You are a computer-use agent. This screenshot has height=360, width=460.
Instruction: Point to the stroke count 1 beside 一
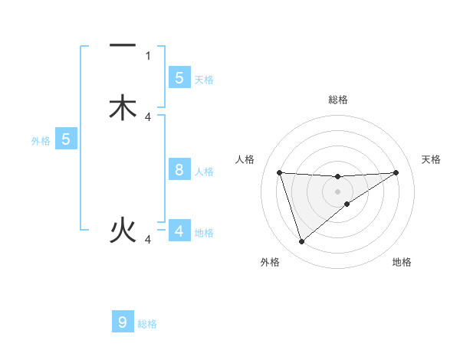(x=148, y=56)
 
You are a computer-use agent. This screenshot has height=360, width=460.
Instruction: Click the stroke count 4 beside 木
(x=148, y=116)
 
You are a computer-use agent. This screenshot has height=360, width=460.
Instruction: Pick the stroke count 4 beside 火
(x=148, y=240)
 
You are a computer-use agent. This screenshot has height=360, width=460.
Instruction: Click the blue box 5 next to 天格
(x=179, y=77)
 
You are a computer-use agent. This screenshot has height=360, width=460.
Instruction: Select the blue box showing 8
(x=179, y=170)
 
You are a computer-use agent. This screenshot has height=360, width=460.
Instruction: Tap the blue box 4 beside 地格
(x=179, y=231)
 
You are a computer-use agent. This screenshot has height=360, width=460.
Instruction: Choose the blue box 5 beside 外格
(x=66, y=139)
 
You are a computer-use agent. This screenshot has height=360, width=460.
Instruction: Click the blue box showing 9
(x=123, y=322)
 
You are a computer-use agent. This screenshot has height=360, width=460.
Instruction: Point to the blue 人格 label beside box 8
(x=204, y=172)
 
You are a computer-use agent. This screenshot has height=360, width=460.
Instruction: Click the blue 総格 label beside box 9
(x=147, y=324)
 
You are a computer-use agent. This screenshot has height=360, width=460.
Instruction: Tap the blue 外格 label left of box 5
(x=40, y=141)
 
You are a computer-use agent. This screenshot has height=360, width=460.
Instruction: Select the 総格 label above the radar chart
(x=337, y=100)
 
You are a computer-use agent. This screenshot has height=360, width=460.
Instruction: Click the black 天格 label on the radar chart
(x=431, y=159)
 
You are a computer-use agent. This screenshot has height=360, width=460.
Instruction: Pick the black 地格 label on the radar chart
(x=402, y=262)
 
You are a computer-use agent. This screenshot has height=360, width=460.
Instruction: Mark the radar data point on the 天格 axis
(x=396, y=172)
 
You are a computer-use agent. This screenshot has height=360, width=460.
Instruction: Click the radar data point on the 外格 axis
(x=301, y=242)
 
